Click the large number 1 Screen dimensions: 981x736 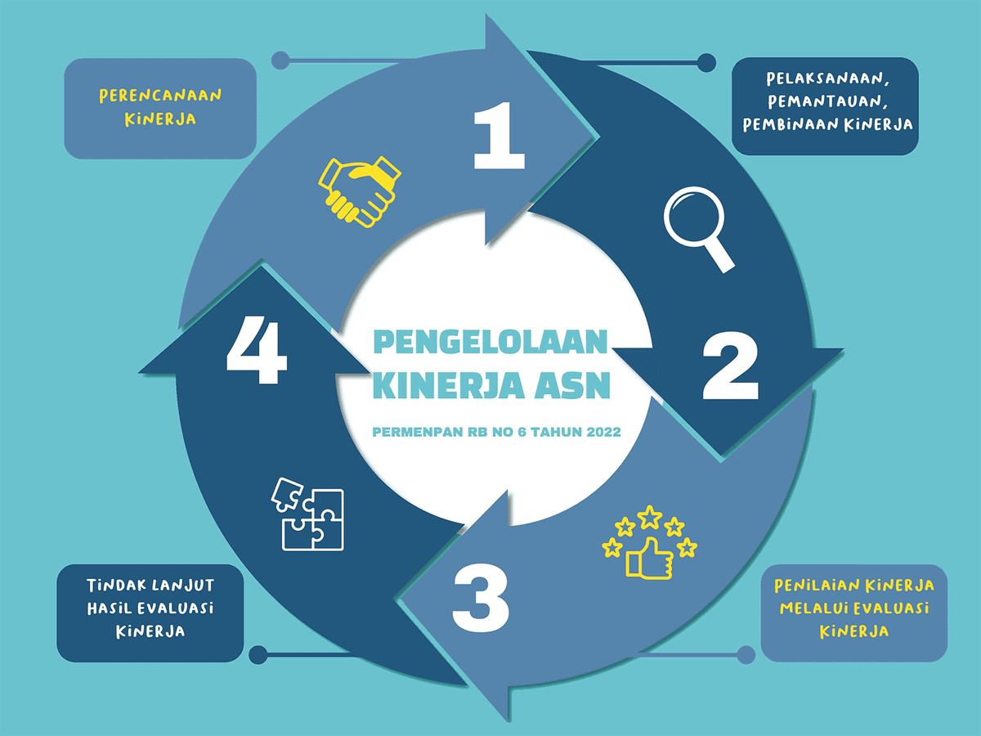click(x=499, y=136)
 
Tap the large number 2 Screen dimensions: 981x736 click(x=731, y=366)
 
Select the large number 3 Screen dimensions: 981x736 click(x=481, y=598)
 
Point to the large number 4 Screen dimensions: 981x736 click(x=257, y=350)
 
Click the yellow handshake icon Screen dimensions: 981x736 click(x=360, y=191)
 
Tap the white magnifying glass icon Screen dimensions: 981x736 click(x=699, y=229)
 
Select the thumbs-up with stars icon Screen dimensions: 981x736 click(x=649, y=542)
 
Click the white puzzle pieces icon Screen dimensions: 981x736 click(x=307, y=514)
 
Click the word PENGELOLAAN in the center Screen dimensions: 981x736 click(x=490, y=342)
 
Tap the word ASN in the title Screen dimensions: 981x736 click(x=572, y=385)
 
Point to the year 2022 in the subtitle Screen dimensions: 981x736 click(x=604, y=432)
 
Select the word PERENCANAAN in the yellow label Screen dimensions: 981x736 click(x=160, y=96)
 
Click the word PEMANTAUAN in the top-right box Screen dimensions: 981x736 click(x=827, y=101)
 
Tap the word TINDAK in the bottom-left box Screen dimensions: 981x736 click(x=116, y=585)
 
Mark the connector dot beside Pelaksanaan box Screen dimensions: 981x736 click(x=706, y=63)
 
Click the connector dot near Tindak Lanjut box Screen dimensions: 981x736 click(x=258, y=655)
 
